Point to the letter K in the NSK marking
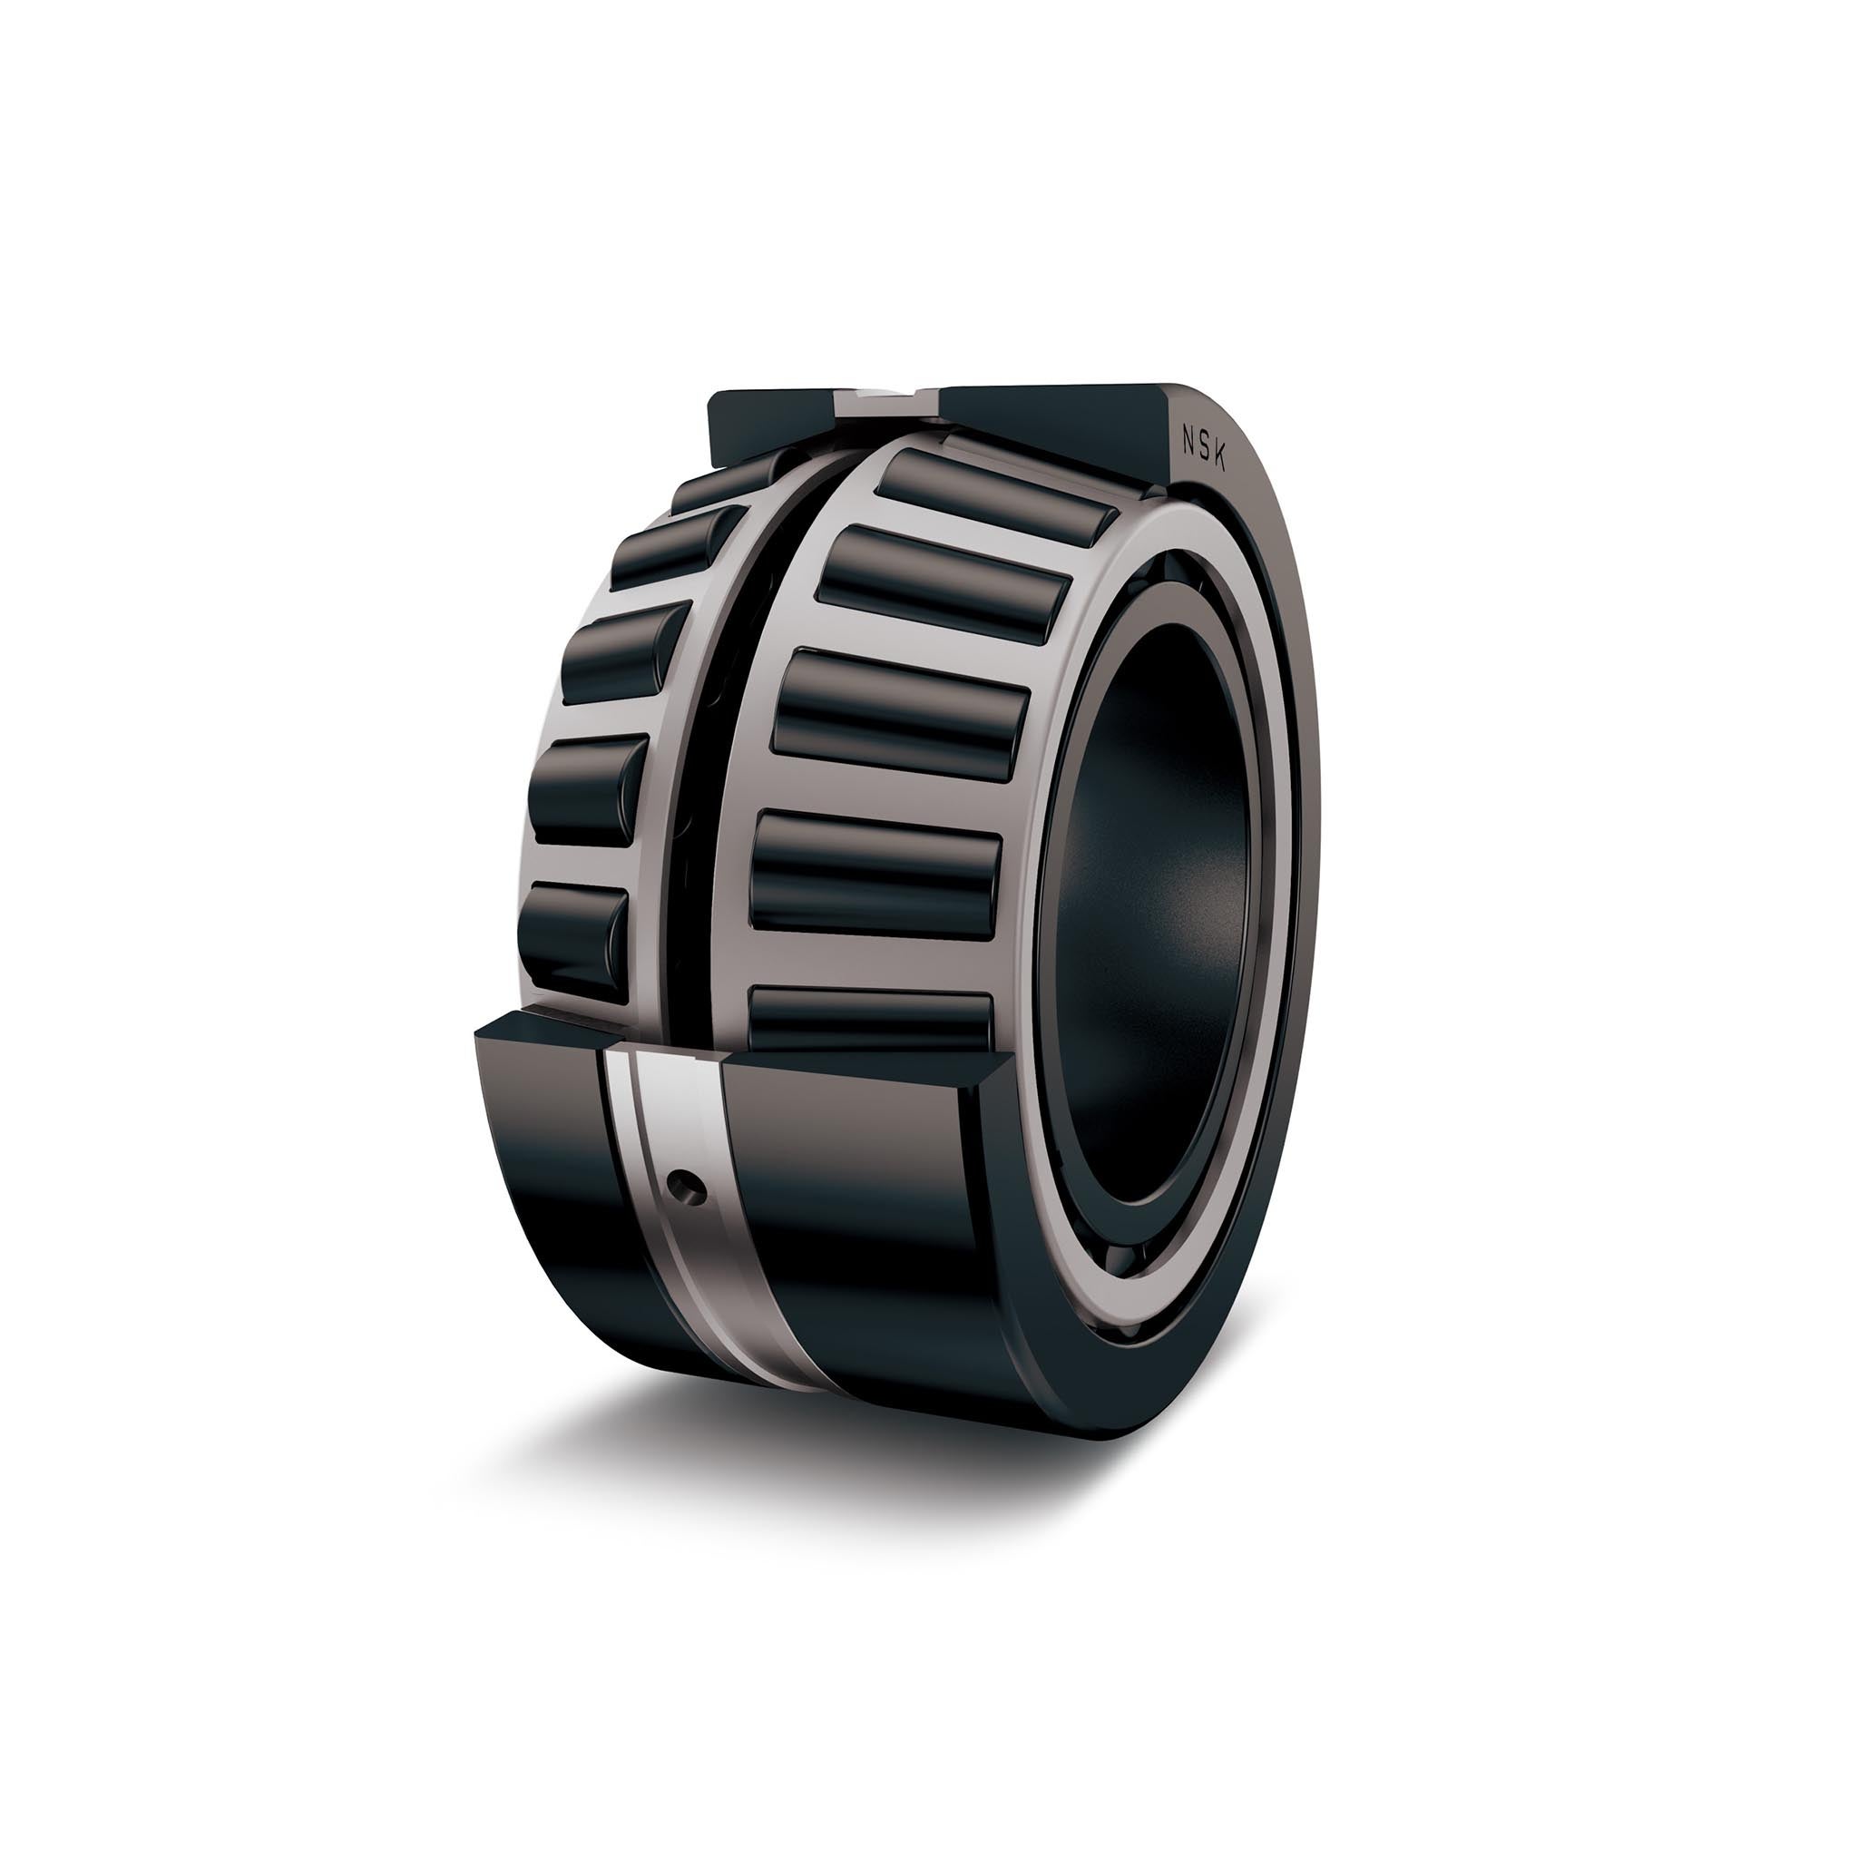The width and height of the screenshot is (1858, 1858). [1221, 461]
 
